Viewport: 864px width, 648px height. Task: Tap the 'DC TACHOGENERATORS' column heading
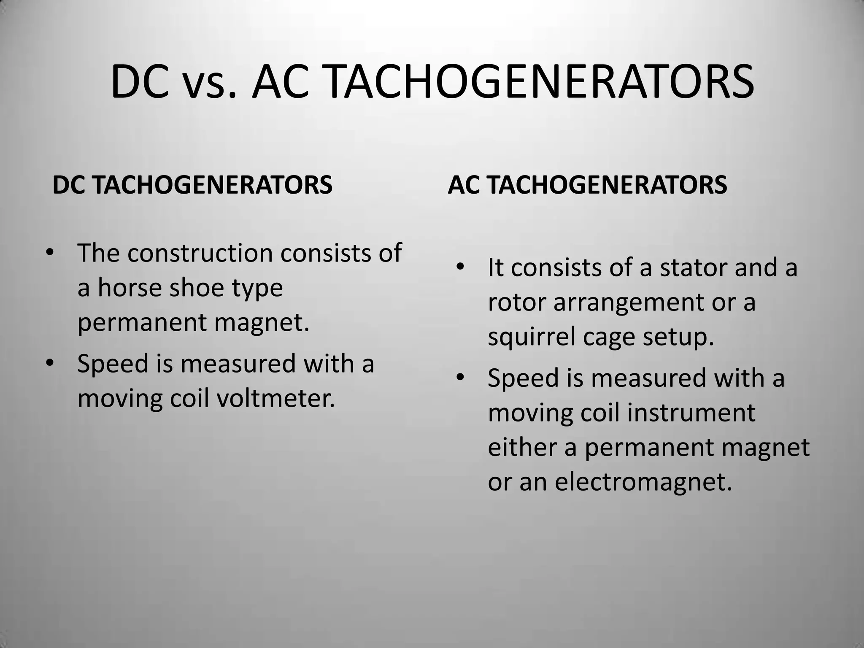(x=192, y=185)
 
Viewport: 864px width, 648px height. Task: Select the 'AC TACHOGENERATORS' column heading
(x=587, y=185)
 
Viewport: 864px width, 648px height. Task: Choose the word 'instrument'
(x=691, y=413)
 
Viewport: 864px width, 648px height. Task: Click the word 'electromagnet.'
(x=643, y=482)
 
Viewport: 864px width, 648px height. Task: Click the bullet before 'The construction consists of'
(x=50, y=253)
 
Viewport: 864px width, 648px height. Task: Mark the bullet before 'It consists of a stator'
(x=460, y=267)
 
